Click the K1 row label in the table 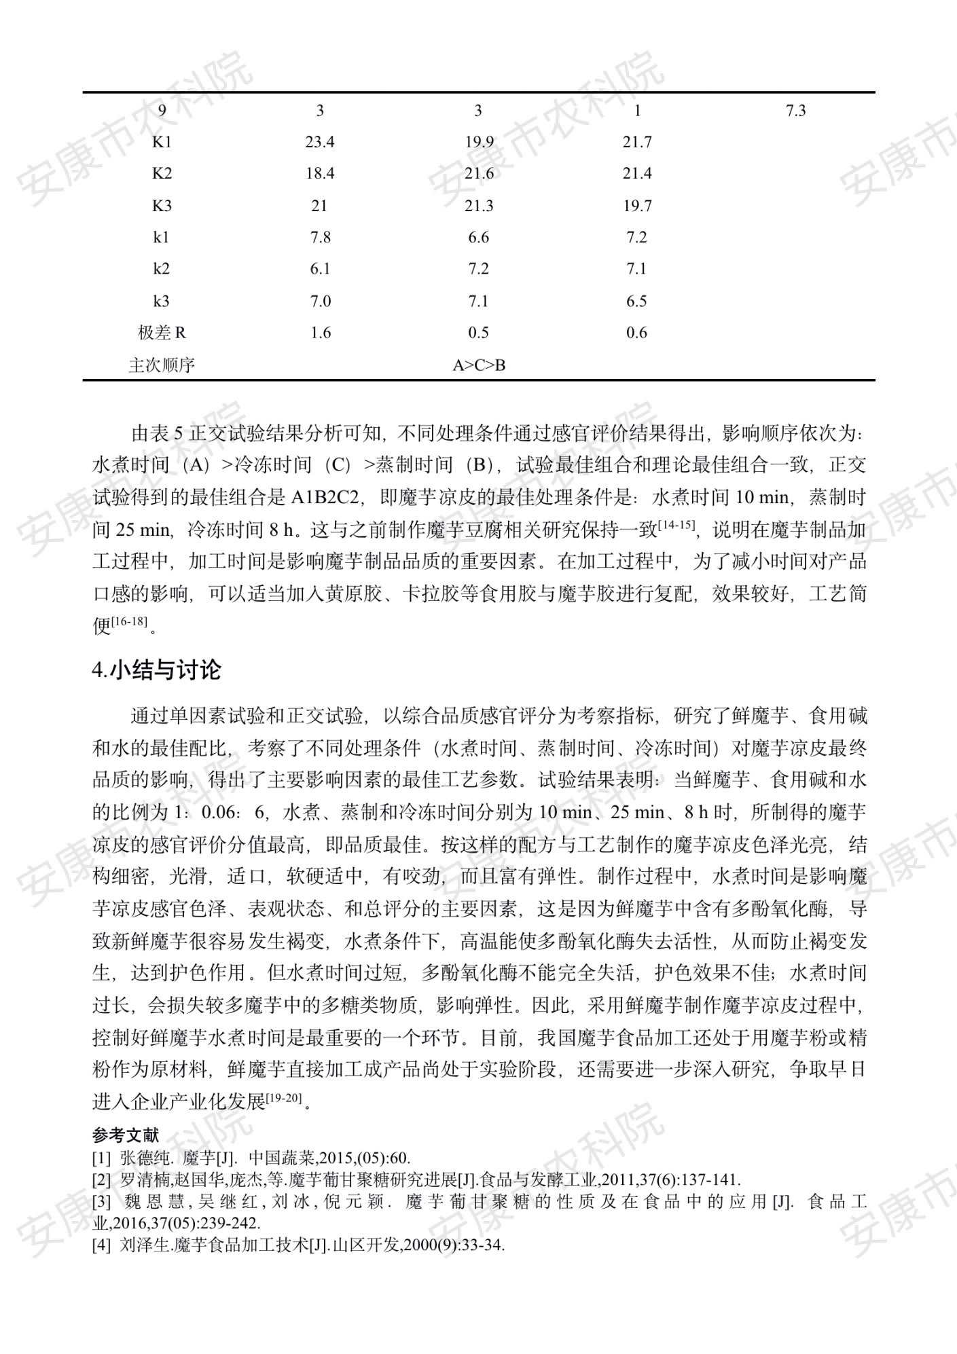[162, 142]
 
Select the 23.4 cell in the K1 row [320, 142]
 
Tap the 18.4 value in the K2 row [320, 174]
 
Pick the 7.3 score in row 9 [795, 111]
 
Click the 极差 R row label [162, 333]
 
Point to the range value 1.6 [320, 333]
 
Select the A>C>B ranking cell [479, 365]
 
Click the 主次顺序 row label [162, 365]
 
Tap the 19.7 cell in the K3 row [637, 206]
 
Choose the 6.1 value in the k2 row [320, 269]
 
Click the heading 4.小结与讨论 [157, 670]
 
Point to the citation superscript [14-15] [676, 524]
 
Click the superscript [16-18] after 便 [130, 621]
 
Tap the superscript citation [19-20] [283, 1097]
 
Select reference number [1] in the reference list [101, 1158]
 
